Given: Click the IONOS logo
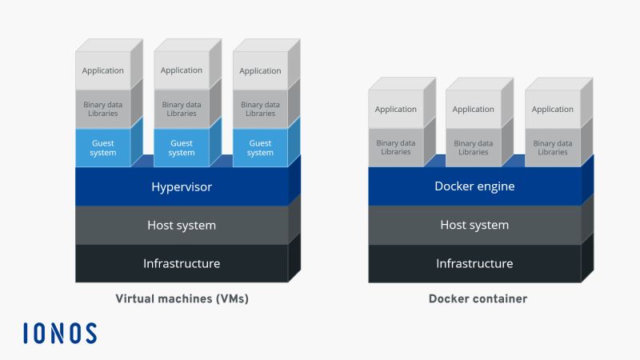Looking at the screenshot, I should pyautogui.click(x=60, y=333).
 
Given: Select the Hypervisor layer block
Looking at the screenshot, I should pyautogui.click(x=182, y=187).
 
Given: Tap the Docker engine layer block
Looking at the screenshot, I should pyautogui.click(x=474, y=187).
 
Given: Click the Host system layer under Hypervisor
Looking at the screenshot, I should pyautogui.click(x=182, y=226).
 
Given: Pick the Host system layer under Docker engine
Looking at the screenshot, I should pyautogui.click(x=474, y=226).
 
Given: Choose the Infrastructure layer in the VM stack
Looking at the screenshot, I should pyautogui.click(x=182, y=263).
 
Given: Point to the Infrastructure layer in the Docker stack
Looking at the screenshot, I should pyautogui.click(x=474, y=263).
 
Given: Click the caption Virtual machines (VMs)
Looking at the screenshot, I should pyautogui.click(x=182, y=299).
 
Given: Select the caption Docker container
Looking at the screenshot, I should pyautogui.click(x=478, y=299).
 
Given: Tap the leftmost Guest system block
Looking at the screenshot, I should pyautogui.click(x=103, y=148).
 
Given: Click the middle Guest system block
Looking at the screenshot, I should pyautogui.click(x=182, y=148).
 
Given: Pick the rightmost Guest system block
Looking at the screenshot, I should pyautogui.click(x=260, y=148).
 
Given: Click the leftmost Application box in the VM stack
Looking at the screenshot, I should pyautogui.click(x=103, y=70).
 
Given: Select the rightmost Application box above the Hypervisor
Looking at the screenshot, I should pyautogui.click(x=260, y=70).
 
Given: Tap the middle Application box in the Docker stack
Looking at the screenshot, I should pyautogui.click(x=474, y=110).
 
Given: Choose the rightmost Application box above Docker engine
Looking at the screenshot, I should pyautogui.click(x=553, y=110).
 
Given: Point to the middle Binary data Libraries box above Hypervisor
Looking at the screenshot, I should pyautogui.click(x=182, y=109).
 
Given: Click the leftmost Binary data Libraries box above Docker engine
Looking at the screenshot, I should pyautogui.click(x=396, y=148).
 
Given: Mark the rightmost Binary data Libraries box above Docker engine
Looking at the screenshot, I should pyautogui.click(x=553, y=148).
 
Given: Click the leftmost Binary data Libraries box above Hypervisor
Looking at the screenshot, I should pyautogui.click(x=103, y=109).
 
